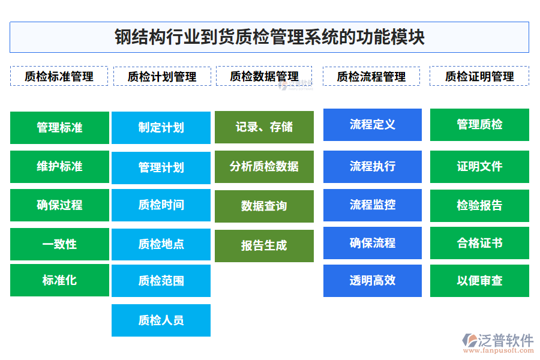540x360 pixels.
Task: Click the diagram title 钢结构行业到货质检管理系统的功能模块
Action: (269, 37)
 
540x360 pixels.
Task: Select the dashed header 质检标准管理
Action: (59, 76)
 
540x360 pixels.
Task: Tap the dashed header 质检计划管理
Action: (162, 76)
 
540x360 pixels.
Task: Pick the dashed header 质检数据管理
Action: (264, 76)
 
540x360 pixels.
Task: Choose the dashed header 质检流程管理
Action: (371, 76)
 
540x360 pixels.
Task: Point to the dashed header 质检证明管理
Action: (479, 76)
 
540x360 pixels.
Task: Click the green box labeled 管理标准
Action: (59, 127)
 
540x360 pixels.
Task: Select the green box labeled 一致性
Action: (59, 244)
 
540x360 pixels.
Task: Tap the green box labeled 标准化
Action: (59, 280)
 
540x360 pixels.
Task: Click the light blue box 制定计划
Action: (161, 127)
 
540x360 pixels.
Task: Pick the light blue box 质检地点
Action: (161, 244)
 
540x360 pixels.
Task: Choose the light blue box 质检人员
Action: (161, 320)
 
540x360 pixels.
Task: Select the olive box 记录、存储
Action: (264, 127)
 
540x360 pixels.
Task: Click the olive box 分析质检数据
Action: (264, 167)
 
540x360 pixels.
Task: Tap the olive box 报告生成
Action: (264, 246)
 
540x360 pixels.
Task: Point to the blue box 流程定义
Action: (372, 125)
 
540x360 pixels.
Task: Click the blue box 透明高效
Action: (372, 281)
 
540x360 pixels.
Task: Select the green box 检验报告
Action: (479, 206)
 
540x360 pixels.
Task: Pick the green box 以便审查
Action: (479, 281)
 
